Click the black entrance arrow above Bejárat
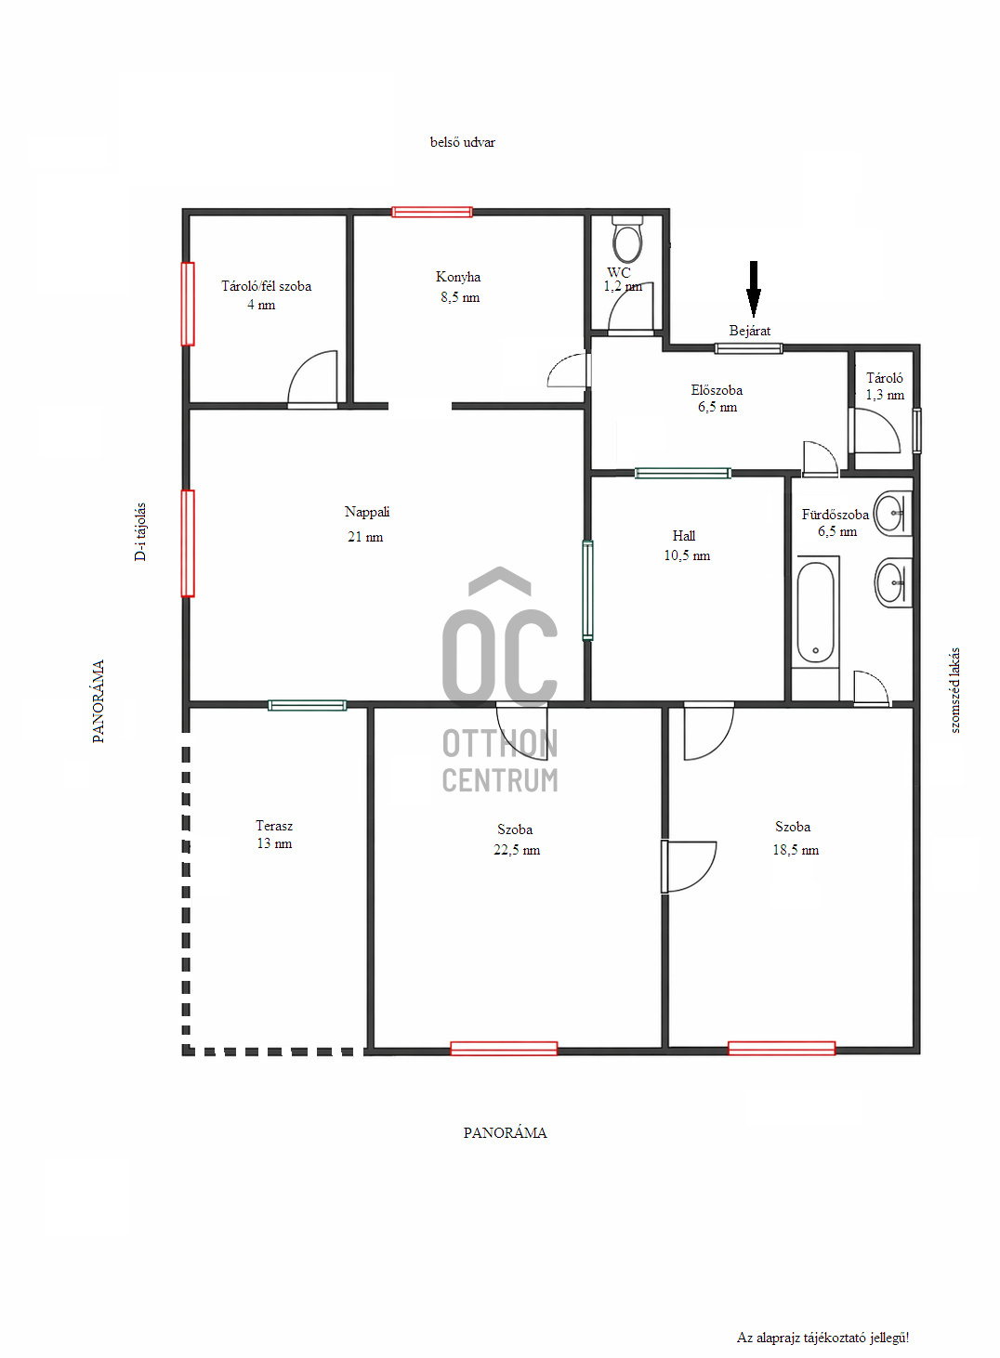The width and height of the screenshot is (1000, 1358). (753, 289)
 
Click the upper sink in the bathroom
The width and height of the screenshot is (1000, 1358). (893, 514)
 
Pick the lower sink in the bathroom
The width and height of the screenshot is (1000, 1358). (893, 582)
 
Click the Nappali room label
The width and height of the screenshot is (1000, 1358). (367, 512)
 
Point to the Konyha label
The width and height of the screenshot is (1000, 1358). (458, 277)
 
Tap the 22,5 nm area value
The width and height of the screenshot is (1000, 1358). (517, 850)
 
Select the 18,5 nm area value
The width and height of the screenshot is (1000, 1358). (796, 850)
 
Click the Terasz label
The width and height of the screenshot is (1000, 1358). (274, 826)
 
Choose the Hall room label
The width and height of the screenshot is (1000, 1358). (683, 536)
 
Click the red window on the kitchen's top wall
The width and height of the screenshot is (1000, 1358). (432, 212)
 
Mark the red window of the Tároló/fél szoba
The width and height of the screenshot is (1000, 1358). (188, 304)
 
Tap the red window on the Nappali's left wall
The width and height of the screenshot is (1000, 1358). (188, 543)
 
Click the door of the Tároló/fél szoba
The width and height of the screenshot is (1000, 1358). (312, 379)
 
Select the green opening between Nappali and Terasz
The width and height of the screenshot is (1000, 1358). (308, 705)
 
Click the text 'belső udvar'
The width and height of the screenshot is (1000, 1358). (463, 142)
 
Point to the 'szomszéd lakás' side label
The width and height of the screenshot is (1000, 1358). (954, 690)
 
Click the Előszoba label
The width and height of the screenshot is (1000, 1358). (717, 390)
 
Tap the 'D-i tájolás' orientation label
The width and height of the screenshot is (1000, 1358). (140, 531)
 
